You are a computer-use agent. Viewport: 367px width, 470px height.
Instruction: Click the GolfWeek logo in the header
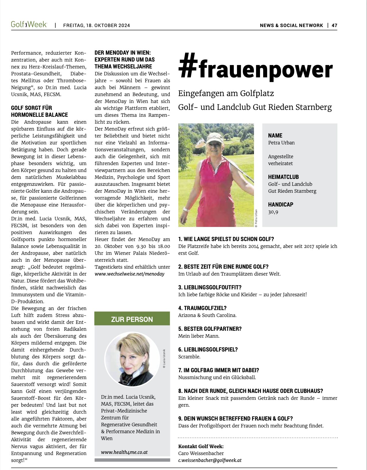[29, 24]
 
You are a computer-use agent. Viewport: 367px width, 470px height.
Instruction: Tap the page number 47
[334, 25]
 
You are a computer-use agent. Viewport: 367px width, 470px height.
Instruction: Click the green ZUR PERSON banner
[132, 319]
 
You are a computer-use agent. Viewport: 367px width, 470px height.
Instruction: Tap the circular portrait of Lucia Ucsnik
[132, 359]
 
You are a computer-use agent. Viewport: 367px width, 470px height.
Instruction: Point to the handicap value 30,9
[273, 212]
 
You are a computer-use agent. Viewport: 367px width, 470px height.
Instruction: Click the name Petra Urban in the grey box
[281, 143]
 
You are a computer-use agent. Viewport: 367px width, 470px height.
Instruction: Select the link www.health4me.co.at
[124, 452]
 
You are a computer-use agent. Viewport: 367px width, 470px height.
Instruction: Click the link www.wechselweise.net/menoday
[129, 274]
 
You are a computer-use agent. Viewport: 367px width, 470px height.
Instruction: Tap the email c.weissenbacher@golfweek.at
[210, 460]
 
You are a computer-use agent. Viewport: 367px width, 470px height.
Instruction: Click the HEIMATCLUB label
[283, 177]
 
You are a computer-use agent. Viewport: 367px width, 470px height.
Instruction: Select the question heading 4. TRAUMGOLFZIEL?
[202, 308]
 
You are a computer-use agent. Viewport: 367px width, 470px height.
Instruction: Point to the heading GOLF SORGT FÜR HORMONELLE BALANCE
[39, 111]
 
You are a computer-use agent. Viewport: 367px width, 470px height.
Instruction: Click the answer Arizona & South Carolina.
[207, 315]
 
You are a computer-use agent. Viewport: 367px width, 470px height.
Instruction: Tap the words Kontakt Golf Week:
[201, 446]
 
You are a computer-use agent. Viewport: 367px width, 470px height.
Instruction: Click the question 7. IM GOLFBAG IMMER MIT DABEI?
[219, 370]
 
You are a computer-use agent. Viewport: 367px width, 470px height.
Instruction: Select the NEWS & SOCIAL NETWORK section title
[291, 25]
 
